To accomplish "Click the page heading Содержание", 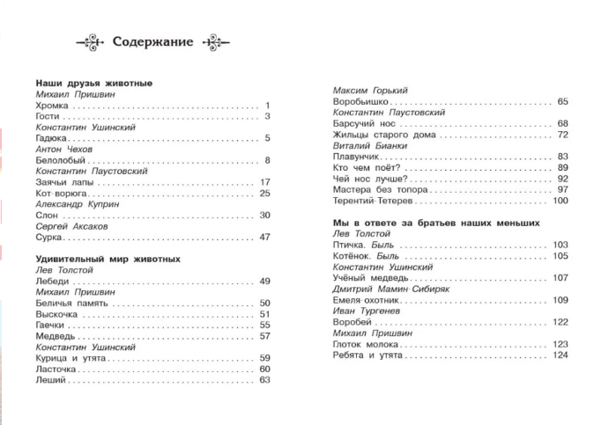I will coord(153,41).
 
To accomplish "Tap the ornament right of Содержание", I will coord(214,41).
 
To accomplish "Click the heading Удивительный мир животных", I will coord(102,259).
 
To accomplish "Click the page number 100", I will coord(560,201).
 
